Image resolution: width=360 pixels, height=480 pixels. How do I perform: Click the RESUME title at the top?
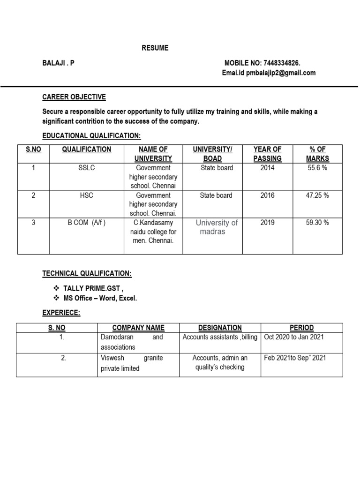click(155, 48)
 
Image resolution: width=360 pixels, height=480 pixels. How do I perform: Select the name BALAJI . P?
click(58, 63)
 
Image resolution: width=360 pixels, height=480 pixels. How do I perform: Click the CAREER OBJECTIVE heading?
click(74, 97)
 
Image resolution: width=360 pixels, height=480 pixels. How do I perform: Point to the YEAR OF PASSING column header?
click(267, 154)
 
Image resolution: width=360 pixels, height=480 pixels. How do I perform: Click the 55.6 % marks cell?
click(317, 168)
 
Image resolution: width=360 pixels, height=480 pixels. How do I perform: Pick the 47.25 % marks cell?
click(317, 195)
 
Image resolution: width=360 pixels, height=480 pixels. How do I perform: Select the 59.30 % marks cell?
click(317, 223)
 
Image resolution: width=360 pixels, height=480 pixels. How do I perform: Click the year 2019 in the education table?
click(267, 223)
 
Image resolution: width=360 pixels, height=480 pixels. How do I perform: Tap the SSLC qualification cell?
click(87, 168)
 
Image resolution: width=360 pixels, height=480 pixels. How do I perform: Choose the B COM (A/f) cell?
click(87, 223)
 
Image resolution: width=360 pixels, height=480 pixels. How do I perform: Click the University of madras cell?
click(216, 227)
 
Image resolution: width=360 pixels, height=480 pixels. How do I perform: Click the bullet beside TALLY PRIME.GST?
click(56, 288)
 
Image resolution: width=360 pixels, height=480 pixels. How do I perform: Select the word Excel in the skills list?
click(127, 299)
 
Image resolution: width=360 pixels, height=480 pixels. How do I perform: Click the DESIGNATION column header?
click(220, 328)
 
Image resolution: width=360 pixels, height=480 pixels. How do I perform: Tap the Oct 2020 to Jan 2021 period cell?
click(294, 337)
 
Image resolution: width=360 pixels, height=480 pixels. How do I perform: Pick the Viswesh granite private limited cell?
click(132, 363)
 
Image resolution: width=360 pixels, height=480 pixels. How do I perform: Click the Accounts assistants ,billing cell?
click(220, 337)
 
